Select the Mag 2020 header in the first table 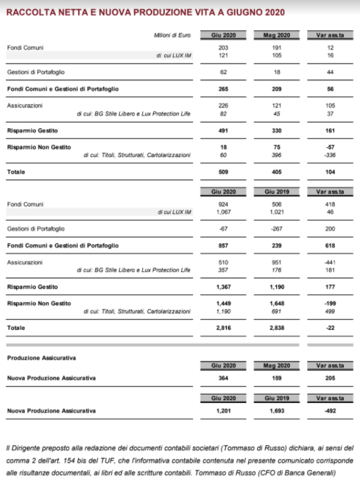276,35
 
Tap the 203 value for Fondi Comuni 223,48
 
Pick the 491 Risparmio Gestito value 223,131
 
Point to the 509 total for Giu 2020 223,171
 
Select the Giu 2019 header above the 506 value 276,192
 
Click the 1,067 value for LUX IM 223,212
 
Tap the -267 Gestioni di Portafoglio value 276,228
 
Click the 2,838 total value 276,328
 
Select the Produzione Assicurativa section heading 41,357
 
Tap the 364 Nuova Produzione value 223,378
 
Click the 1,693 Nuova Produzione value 276,411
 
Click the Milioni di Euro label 172,35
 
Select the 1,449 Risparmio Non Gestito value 223,303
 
